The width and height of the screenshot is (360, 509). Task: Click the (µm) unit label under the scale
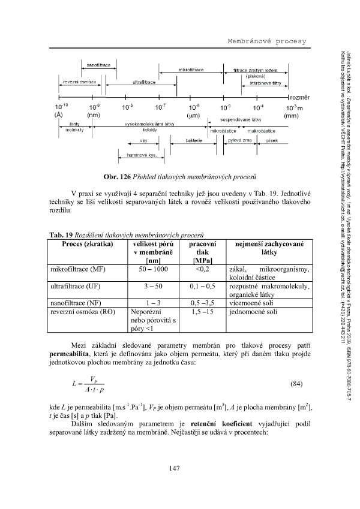(x=193, y=115)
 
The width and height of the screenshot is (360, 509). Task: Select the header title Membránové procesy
(x=266, y=41)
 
